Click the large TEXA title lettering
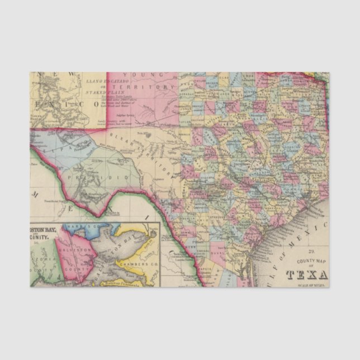[307, 274]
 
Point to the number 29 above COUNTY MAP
[306, 253]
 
